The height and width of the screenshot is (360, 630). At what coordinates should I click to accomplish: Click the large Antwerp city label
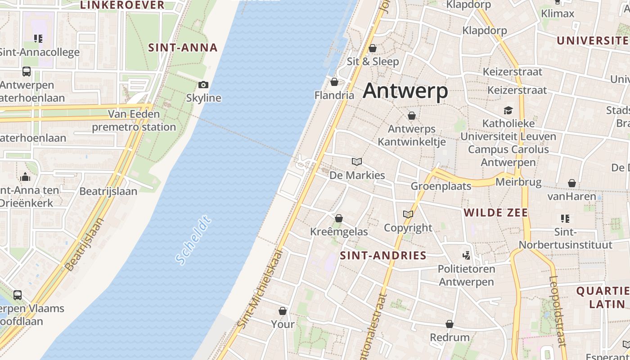[x=405, y=91]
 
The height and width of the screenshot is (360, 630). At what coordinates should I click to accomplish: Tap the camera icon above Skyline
[x=203, y=85]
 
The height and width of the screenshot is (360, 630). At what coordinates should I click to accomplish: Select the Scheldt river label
[x=194, y=240]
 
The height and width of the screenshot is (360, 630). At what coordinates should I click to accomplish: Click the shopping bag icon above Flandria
[x=334, y=82]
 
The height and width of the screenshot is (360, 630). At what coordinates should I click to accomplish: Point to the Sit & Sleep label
[x=373, y=61]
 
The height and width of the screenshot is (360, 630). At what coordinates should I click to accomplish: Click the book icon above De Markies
[x=357, y=162]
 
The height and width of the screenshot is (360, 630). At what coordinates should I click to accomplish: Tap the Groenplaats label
[x=441, y=186]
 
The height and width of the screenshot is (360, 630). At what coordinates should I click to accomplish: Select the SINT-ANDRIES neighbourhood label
[x=383, y=256]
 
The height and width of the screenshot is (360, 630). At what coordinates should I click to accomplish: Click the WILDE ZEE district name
[x=495, y=212]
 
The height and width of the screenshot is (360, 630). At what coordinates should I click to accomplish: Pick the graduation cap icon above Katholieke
[x=508, y=110]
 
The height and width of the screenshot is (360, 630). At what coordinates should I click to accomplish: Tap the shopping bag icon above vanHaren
[x=571, y=183]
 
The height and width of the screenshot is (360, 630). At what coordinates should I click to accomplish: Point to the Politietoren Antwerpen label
[x=466, y=275]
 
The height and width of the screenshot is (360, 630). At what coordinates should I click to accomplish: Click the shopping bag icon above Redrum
[x=449, y=324]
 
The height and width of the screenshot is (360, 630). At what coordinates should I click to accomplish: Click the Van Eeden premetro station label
[x=134, y=121]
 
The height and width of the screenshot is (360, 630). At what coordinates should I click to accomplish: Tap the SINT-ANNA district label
[x=183, y=48]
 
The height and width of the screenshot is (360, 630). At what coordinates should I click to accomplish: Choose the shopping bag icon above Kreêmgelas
[x=339, y=219]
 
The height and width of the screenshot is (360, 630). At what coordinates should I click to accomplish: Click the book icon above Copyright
[x=408, y=215]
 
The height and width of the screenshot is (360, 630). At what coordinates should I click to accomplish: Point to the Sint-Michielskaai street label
[x=262, y=288]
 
